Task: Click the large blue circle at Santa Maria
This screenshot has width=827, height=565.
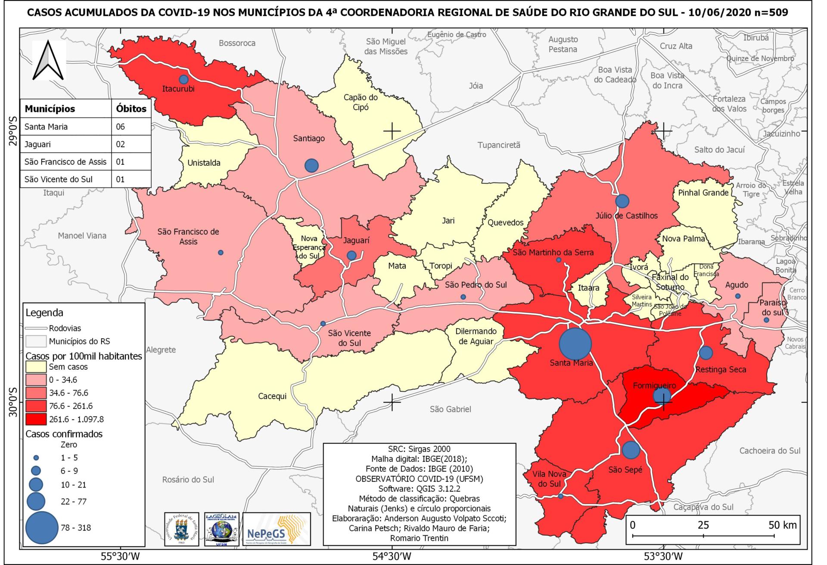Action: [x=575, y=343]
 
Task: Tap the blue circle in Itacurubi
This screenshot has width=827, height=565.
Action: [x=183, y=80]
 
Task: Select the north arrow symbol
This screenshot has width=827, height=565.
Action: [x=48, y=60]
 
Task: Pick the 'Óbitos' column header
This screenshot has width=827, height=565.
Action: [x=131, y=109]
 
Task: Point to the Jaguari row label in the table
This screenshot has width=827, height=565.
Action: [x=38, y=144]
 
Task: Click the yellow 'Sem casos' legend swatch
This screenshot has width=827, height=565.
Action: [x=36, y=367]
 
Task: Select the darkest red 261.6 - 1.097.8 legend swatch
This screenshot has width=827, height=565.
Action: [x=36, y=419]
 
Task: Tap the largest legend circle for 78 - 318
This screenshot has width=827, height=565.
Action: [x=42, y=528]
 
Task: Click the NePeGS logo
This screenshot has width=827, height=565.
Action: [x=276, y=535]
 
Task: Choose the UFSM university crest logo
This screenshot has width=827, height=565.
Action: [x=181, y=535]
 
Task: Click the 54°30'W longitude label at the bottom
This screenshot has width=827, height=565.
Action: [x=391, y=556]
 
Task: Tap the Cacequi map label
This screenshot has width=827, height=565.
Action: [x=272, y=396]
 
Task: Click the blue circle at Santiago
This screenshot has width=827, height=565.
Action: [x=311, y=165]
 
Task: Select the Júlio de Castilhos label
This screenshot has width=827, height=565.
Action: [x=627, y=216]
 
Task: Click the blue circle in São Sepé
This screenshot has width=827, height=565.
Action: [x=631, y=450]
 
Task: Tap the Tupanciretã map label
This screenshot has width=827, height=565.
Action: [x=499, y=145]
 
